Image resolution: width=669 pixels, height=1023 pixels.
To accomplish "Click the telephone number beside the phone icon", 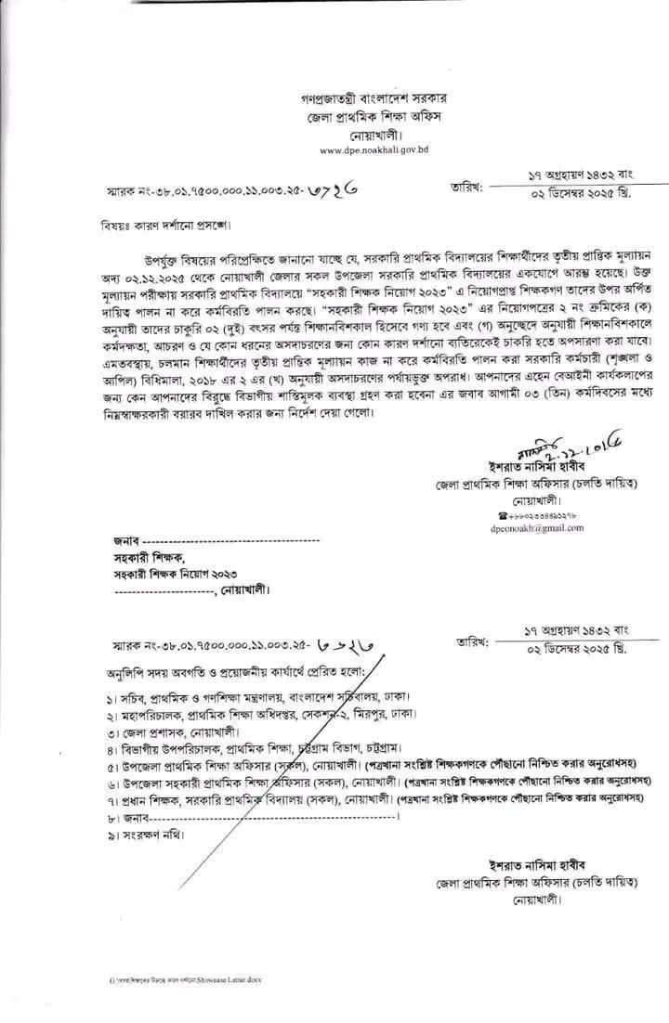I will (542, 513).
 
